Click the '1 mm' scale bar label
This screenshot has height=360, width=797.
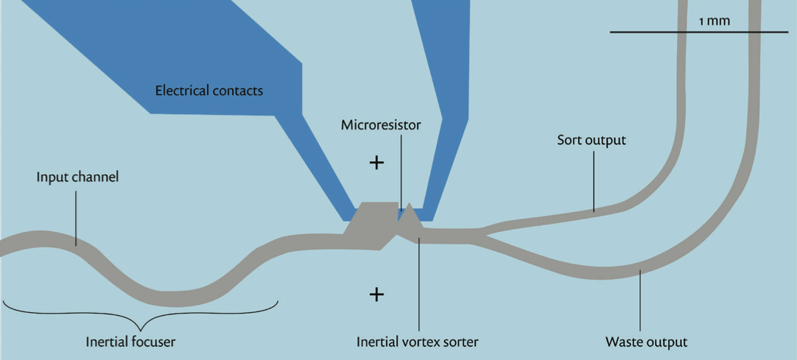pyautogui.click(x=715, y=21)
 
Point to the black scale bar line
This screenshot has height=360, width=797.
pyautogui.click(x=699, y=32)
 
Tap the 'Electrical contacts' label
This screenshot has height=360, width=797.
pyautogui.click(x=209, y=91)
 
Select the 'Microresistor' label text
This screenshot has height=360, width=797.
pyautogui.click(x=381, y=125)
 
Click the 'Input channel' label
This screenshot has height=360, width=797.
pyautogui.click(x=77, y=177)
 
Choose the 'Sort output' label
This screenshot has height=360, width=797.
pyautogui.click(x=591, y=140)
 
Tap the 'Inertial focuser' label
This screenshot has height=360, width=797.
pyautogui.click(x=130, y=342)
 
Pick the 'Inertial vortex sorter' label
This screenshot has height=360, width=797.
pyautogui.click(x=418, y=342)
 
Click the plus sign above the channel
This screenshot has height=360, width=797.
pyautogui.click(x=376, y=163)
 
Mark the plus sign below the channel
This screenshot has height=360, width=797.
pyautogui.click(x=376, y=294)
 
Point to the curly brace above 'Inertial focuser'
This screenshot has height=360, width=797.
pyautogui.click(x=141, y=316)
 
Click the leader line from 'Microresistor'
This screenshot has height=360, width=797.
pyautogui.click(x=401, y=172)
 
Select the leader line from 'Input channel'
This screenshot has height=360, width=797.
pyautogui.click(x=77, y=219)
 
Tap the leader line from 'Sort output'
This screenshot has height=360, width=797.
pyautogui.click(x=594, y=181)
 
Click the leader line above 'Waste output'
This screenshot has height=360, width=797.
pyautogui.click(x=640, y=301)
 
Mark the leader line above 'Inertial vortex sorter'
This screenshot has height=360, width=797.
pyautogui.click(x=419, y=284)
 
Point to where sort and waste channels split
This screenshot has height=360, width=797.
pyautogui.click(x=482, y=235)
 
